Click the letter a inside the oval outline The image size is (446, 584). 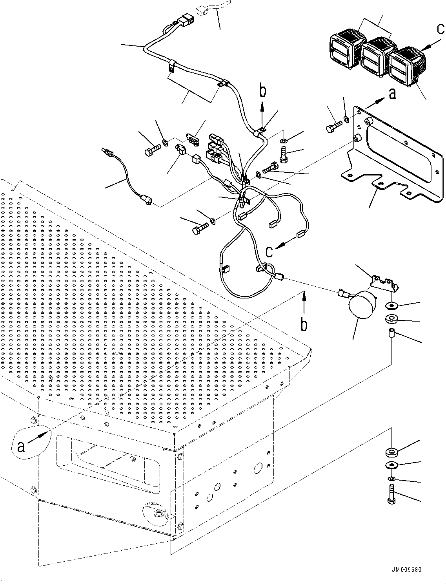coord(20,447)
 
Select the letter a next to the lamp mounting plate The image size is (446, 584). coord(392,94)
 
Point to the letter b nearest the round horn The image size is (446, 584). coord(304,324)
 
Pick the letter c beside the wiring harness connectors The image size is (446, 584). coord(269,252)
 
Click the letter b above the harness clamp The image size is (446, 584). coord(263,91)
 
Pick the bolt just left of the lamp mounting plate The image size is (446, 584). coord(333,126)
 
